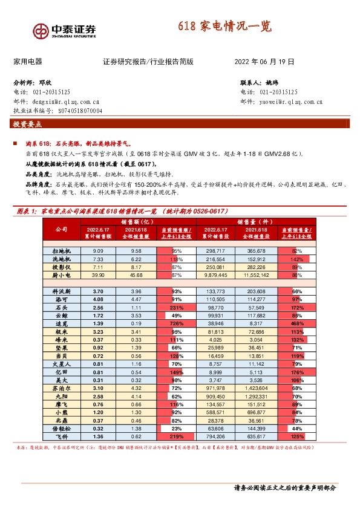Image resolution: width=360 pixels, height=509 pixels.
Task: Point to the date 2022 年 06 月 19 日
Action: tap(264, 62)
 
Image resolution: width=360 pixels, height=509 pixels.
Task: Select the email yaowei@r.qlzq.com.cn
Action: tap(277, 102)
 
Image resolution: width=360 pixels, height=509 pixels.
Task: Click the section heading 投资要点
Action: tap(27, 125)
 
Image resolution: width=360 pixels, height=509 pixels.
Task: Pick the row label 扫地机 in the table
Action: tap(61, 250)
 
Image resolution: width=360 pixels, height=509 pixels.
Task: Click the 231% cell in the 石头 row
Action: tap(176, 307)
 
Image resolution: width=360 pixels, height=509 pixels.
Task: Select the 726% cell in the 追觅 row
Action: tap(176, 324)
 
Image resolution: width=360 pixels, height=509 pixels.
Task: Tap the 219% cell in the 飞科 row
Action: tap(176, 436)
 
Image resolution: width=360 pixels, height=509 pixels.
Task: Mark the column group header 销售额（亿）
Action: tap(137, 222)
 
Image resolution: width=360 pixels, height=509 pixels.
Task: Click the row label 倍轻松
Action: tap(61, 428)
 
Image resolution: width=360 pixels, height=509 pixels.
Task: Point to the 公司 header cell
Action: tap(61, 230)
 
